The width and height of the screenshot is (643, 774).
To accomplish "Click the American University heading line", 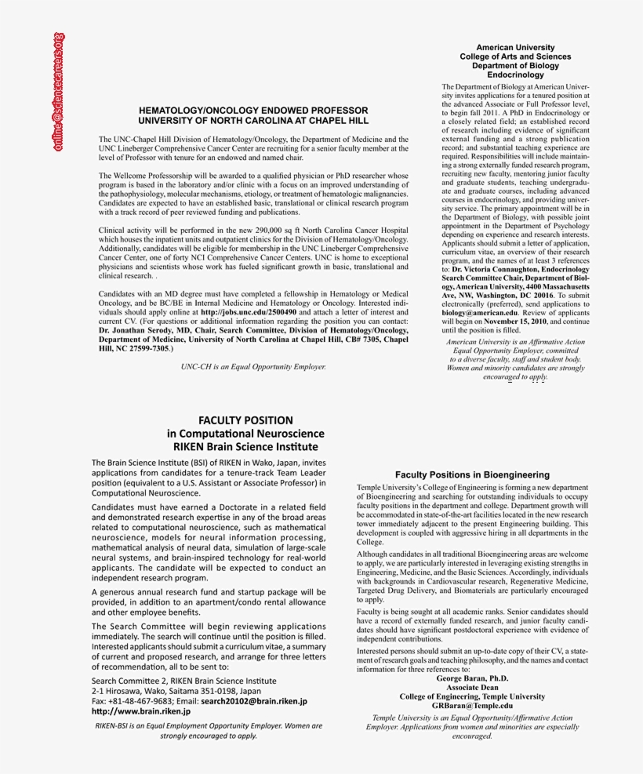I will (x=515, y=48).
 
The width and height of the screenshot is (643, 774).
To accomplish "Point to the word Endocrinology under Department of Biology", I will (x=515, y=75).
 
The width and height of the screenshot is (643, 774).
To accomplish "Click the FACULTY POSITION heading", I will (x=245, y=420).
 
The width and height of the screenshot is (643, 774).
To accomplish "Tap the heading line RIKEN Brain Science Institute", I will (x=245, y=446).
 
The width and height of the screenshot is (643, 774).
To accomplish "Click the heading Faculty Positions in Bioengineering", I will (x=472, y=474).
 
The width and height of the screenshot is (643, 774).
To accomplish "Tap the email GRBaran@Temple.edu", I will (x=472, y=705).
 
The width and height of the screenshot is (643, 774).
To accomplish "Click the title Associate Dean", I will (x=472, y=687).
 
